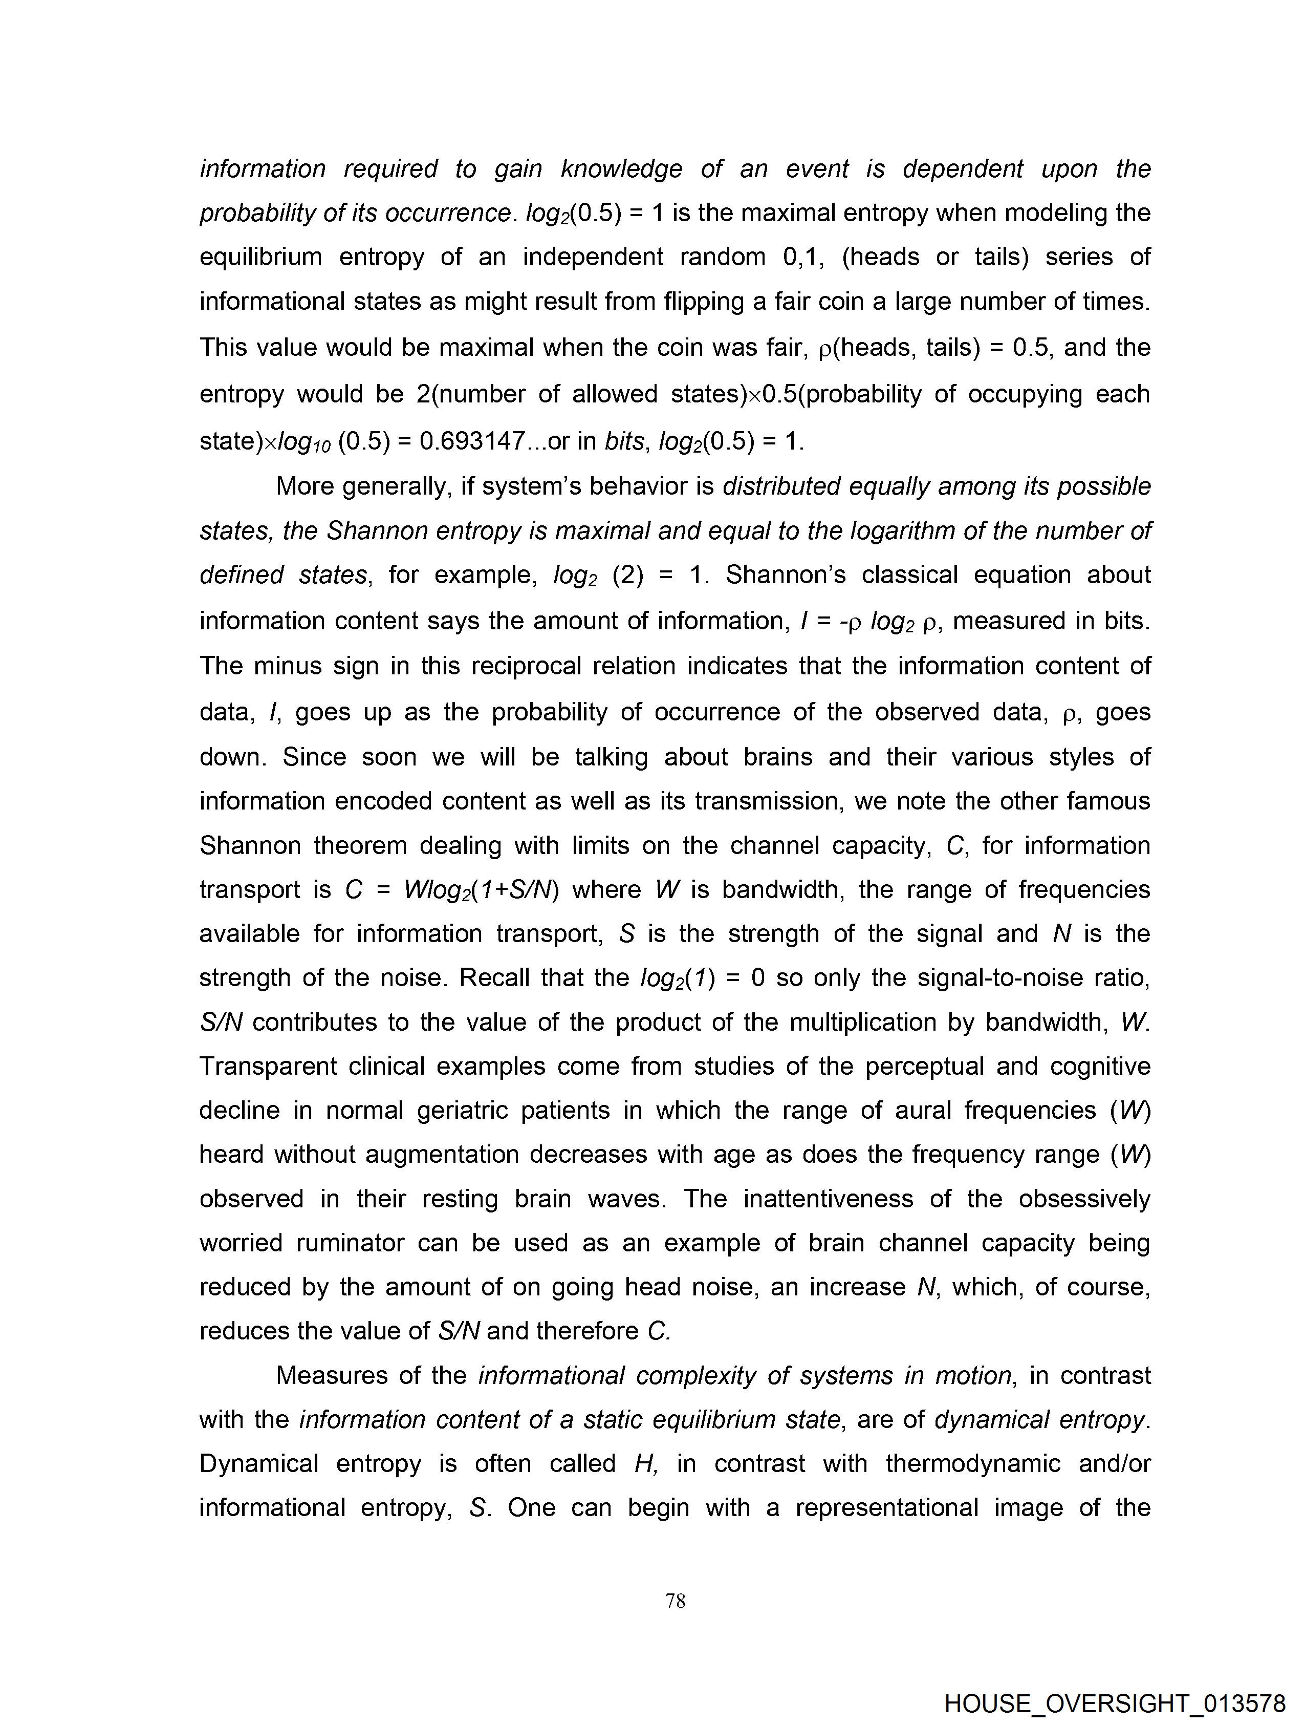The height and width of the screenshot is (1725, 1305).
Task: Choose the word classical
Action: click(x=910, y=574)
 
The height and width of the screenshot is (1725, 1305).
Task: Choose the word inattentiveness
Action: click(x=828, y=1199)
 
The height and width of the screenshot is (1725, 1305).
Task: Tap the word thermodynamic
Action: click(x=972, y=1464)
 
